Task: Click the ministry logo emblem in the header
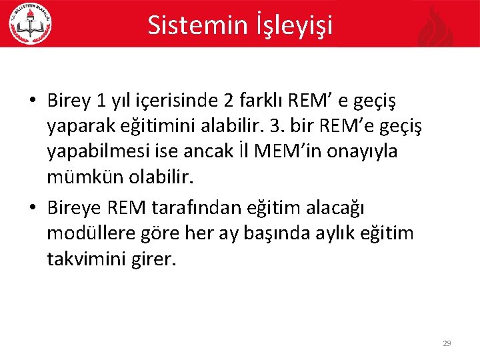tap(30, 24)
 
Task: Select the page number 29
tap(447, 343)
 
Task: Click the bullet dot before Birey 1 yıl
tap(32, 101)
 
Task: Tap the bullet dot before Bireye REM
tap(32, 209)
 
